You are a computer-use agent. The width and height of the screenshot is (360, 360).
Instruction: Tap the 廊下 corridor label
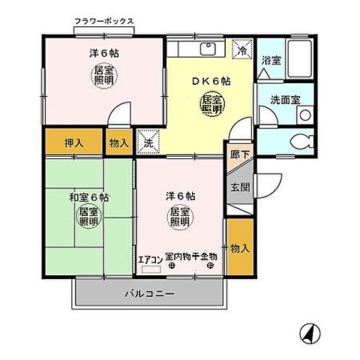pos(238,154)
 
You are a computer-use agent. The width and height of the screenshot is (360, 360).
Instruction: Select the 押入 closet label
pos(73,142)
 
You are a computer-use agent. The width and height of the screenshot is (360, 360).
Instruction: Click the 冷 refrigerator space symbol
pos(243,49)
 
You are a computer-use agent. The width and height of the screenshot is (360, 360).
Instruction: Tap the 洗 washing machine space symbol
pos(148,142)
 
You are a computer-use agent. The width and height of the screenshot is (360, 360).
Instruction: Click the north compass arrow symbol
pos(308,332)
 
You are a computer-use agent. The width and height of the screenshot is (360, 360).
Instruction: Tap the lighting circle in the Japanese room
pos(88,217)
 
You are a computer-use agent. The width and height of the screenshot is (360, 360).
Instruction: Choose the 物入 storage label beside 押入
pos(118,142)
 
